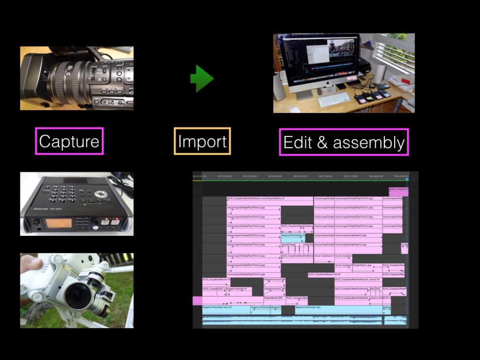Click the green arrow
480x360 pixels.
tap(202, 78)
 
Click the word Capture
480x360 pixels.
tap(69, 141)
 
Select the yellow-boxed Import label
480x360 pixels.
tap(202, 141)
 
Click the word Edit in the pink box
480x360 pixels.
tap(297, 142)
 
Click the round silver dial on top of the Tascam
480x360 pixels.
tap(101, 194)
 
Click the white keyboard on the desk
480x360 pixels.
tap(334, 100)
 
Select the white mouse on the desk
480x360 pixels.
tap(295, 110)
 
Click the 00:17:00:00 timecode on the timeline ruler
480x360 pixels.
tap(325, 176)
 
